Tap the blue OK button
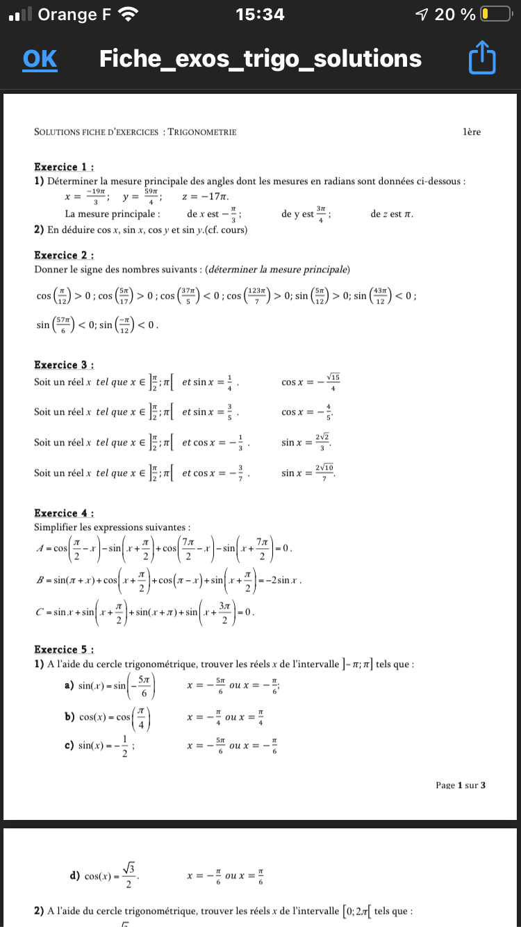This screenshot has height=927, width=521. (x=40, y=59)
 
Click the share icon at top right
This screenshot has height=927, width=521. (x=482, y=58)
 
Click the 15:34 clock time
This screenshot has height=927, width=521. (x=260, y=14)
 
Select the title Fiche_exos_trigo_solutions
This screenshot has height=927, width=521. (x=260, y=59)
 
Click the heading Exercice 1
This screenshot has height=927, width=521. (x=64, y=167)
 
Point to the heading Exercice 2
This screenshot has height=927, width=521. (x=64, y=255)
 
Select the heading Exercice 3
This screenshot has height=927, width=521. (x=64, y=365)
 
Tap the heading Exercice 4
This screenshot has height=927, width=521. (x=64, y=513)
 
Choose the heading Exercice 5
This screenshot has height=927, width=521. (x=64, y=650)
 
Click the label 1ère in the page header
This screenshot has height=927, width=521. (x=471, y=132)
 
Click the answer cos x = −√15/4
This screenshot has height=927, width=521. (x=311, y=382)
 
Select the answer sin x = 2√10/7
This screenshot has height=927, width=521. (x=308, y=473)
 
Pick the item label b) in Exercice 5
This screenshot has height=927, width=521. (x=69, y=716)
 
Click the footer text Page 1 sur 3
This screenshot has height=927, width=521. (x=460, y=785)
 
